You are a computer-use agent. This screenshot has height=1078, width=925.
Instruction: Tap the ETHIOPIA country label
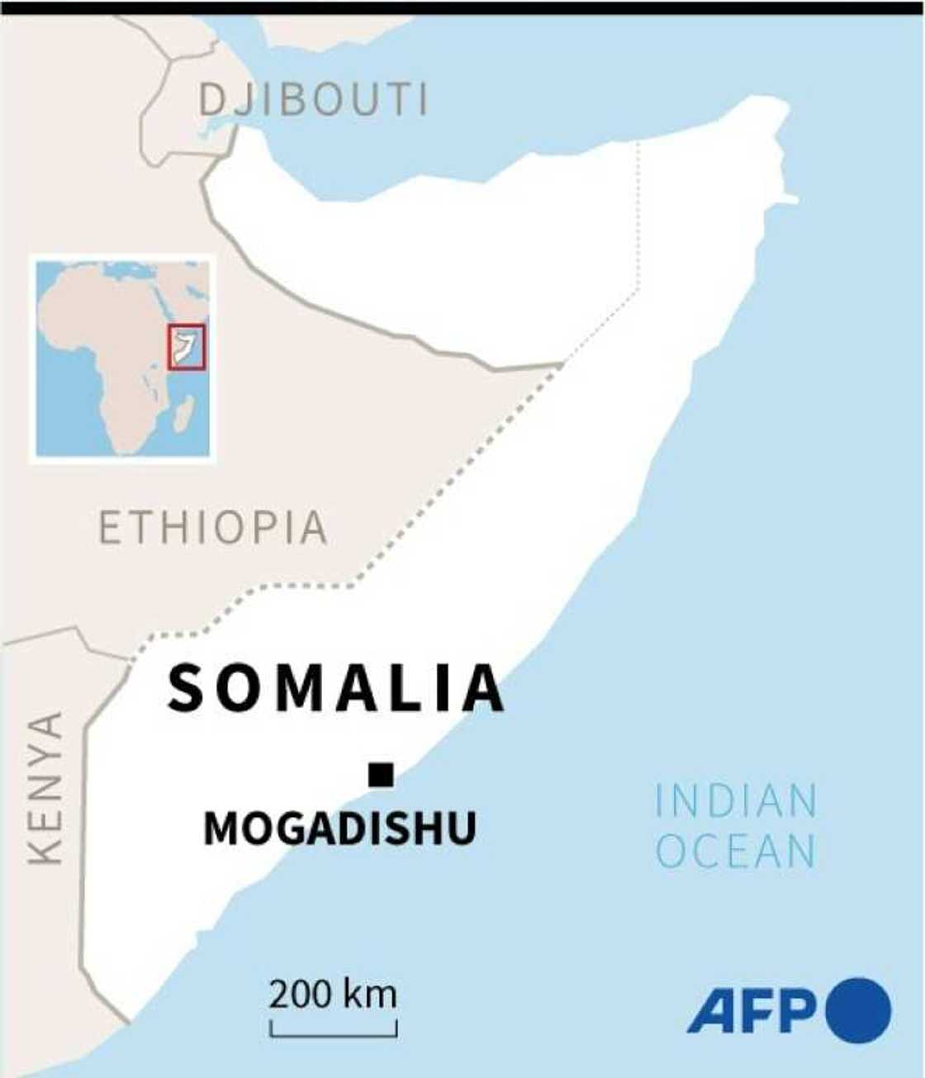[213, 528]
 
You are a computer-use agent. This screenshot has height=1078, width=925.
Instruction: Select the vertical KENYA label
[45, 788]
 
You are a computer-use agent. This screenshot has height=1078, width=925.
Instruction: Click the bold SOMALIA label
[336, 688]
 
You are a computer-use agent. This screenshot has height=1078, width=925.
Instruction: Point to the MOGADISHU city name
[339, 828]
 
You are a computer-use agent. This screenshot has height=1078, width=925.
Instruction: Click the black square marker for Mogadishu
[381, 775]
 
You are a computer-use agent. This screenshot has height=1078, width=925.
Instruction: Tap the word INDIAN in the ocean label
[736, 801]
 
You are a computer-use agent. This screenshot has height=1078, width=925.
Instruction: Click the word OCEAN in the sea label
[736, 852]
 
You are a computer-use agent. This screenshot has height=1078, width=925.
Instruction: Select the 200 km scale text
[333, 994]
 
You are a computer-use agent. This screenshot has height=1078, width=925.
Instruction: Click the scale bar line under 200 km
[334, 1033]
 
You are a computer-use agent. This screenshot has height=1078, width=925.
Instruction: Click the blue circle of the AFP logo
[858, 1010]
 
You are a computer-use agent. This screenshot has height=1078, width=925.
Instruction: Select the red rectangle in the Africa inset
[187, 348]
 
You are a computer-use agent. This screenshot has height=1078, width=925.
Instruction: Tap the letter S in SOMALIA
[185, 688]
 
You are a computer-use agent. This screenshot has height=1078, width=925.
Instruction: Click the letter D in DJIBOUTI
[211, 100]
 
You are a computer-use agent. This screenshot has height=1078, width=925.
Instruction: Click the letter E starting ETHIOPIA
[111, 528]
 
